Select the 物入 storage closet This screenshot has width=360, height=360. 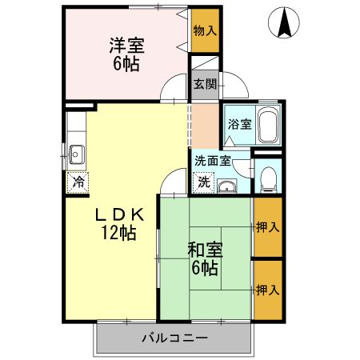[x=204, y=30]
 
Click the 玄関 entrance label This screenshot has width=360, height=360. [x=204, y=83]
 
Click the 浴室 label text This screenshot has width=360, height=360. [x=239, y=124]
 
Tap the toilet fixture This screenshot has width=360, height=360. [x=269, y=178]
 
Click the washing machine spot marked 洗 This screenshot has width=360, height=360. [x=204, y=182]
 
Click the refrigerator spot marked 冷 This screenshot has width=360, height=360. [x=77, y=181]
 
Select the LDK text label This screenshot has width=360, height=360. [x=119, y=214]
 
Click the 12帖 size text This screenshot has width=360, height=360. [x=118, y=234]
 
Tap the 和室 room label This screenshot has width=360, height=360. [x=205, y=250]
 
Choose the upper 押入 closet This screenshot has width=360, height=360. [x=268, y=228]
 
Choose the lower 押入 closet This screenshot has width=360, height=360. [x=268, y=290]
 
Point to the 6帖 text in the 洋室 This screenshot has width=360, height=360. [x=126, y=65]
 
